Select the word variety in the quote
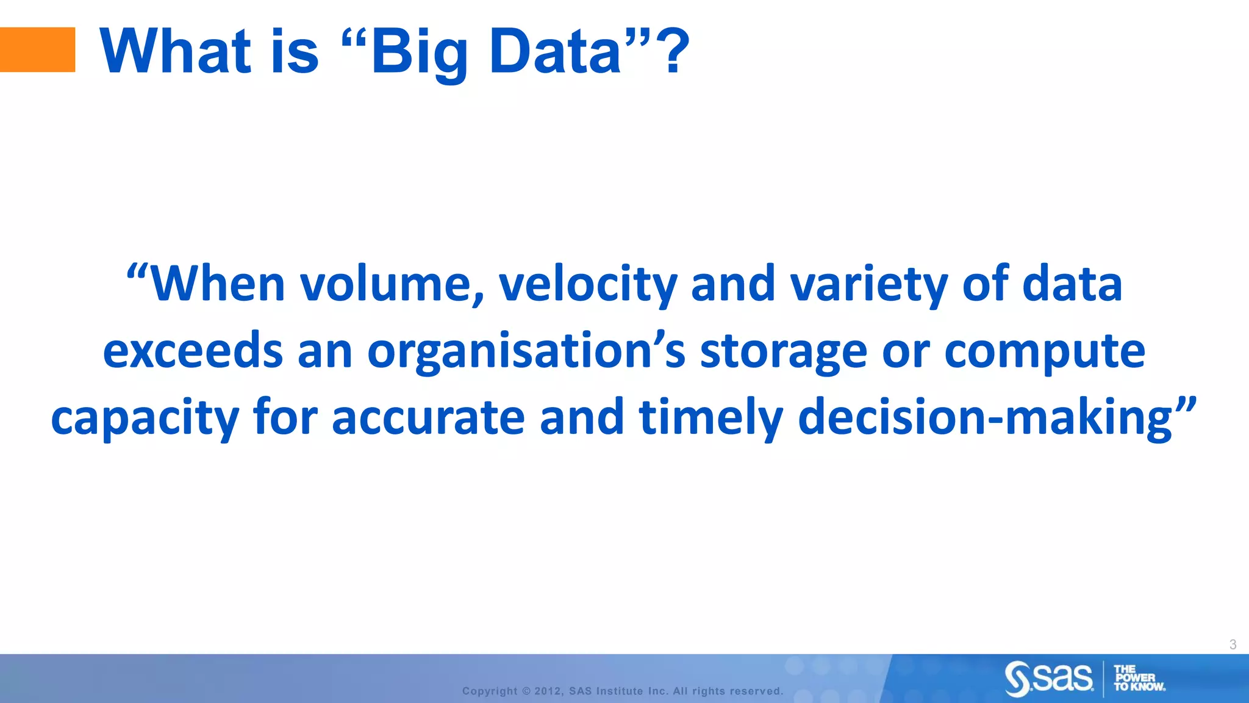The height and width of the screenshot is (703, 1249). pos(868,285)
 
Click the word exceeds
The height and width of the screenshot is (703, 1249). pos(193,351)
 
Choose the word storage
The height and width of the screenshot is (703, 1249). pos(783,353)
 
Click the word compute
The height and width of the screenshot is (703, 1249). pos(1044,353)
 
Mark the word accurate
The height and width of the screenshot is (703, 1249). pos(428,418)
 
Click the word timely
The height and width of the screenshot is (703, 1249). pos(710,418)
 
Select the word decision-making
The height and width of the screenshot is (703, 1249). pos(984,418)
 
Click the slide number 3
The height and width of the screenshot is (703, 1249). pos(1233,644)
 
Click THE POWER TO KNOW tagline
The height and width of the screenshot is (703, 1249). pos(1138,678)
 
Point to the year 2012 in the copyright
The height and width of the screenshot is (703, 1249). pos(547,691)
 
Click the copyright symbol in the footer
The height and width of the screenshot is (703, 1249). pos(526,691)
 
